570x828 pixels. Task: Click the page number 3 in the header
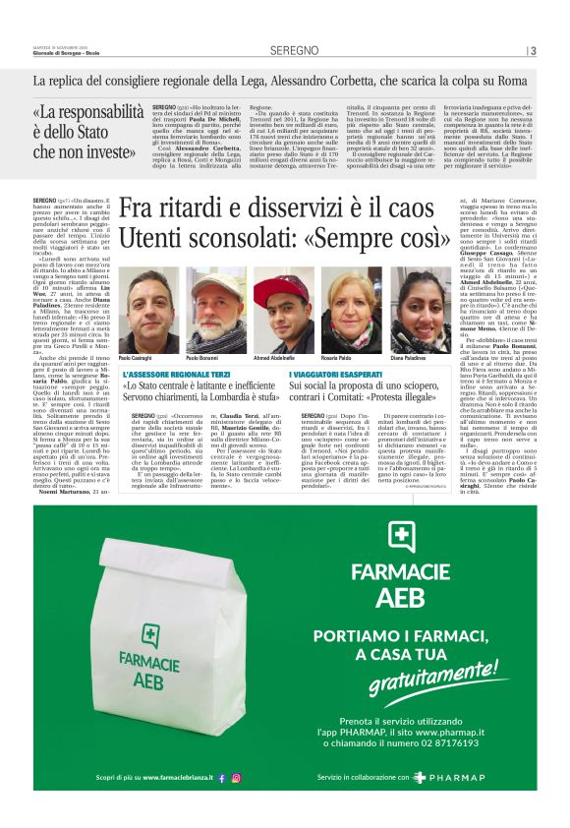pyautogui.click(x=533, y=50)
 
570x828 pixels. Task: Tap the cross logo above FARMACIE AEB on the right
pyautogui.click(x=402, y=535)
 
